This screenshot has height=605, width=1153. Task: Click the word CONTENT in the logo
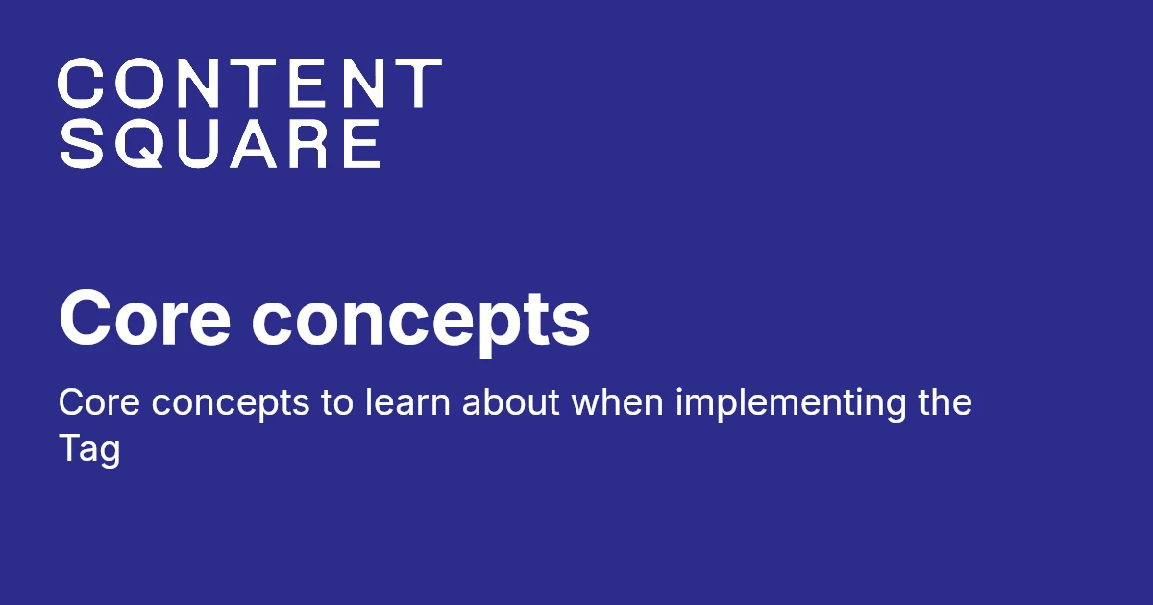[250, 83]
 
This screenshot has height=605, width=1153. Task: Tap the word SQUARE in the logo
[220, 143]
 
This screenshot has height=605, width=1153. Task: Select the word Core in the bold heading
[145, 319]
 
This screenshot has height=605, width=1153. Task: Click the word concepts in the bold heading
[421, 323]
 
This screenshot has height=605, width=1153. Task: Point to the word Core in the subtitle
[99, 402]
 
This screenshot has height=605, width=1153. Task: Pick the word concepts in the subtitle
[231, 405]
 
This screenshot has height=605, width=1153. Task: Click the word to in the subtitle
[337, 402]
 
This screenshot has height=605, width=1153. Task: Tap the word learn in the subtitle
[407, 401]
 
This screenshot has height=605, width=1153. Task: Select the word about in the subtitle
[510, 401]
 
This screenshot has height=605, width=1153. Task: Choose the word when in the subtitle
[618, 401]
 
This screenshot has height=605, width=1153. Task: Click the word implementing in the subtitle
[791, 405]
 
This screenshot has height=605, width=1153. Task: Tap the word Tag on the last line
[89, 449]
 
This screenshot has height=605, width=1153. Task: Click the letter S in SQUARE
[81, 143]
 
